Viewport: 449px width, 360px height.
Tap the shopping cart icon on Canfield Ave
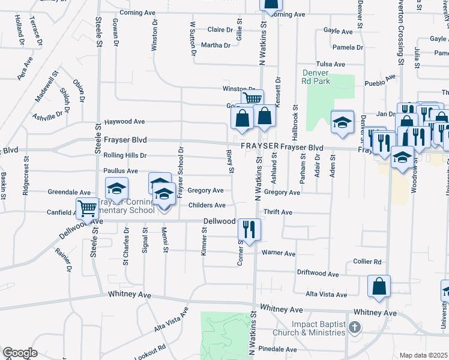coord(88,209)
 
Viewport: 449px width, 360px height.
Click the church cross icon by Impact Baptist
coord(355,327)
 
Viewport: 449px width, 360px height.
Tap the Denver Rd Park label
coord(316,78)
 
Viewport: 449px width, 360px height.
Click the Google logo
coord(20,353)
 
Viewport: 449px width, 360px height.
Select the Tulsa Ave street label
coord(331,64)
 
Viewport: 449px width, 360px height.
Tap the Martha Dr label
coord(216,45)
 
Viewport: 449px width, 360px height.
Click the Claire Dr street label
coord(220,29)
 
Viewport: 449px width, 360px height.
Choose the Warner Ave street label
coord(278,254)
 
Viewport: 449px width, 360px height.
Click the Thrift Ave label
coord(278,212)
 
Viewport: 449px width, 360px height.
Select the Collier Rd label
coord(367,262)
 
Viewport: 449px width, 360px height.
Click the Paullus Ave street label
coord(121,171)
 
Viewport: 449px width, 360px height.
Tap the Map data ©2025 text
coord(424,355)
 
